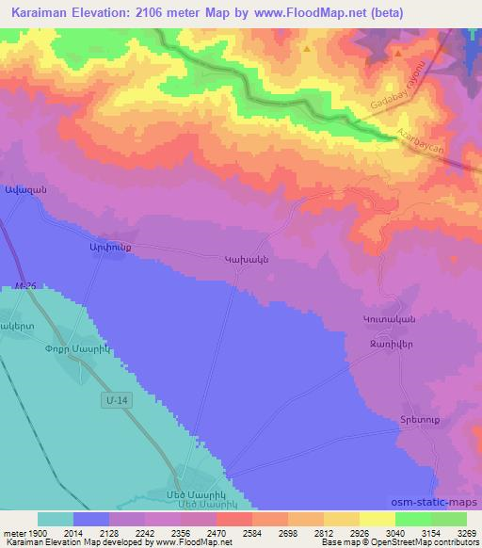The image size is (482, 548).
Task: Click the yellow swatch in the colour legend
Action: tap(377, 518)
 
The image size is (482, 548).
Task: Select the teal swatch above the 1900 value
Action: tap(55, 518)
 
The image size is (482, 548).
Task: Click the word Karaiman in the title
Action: tap(46, 12)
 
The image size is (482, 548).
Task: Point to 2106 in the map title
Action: tap(173, 12)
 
